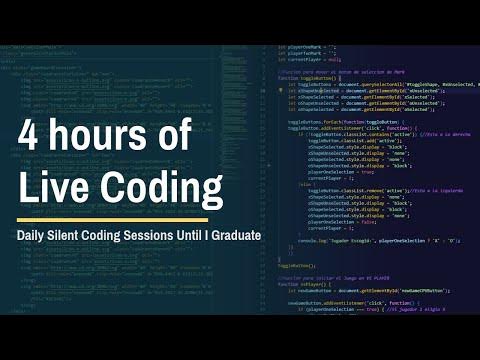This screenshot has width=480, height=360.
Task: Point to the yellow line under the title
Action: tap(111, 220)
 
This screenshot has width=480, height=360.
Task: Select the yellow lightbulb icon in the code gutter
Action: tap(280, 89)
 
